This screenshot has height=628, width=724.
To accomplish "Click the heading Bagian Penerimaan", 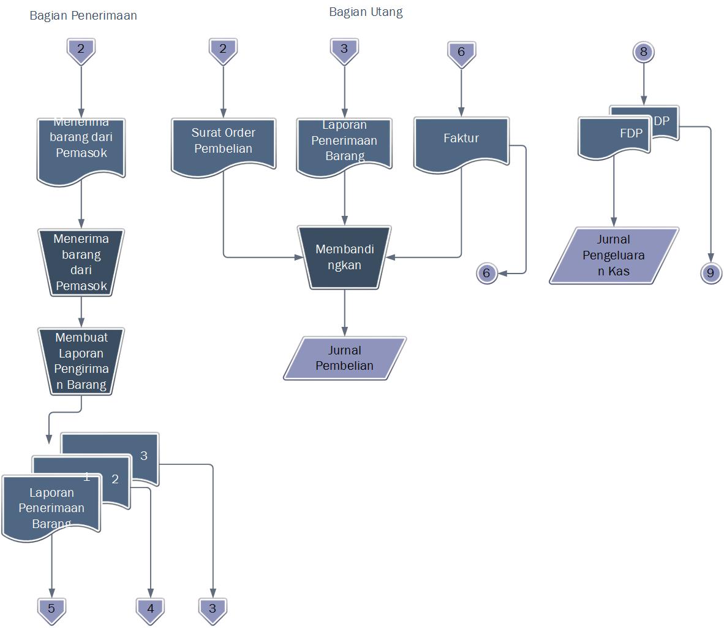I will pos(83,16).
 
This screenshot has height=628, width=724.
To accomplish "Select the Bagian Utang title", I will pos(366,12).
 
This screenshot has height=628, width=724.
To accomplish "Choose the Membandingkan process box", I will pos(344,257).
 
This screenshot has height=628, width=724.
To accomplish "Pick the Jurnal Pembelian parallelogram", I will pos(344,358).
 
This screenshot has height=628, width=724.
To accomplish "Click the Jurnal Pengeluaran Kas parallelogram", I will pos(614,255).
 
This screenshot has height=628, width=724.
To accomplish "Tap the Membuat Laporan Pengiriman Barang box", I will pos(81,361).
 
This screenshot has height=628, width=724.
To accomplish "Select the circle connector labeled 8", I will pos(643,52).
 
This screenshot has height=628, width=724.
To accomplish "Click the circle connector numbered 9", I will pos(711,273).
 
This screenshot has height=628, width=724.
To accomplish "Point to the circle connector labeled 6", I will pos(486,273).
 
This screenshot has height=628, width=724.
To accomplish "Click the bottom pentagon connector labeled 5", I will pos(51,610).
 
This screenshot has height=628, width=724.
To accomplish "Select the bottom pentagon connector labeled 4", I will pos(150,610).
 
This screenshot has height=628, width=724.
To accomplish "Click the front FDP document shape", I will pos(614,136).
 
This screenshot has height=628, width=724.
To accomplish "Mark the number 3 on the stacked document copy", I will pos(144,456).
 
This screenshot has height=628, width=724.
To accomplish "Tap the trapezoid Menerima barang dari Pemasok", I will pos(81,262).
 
